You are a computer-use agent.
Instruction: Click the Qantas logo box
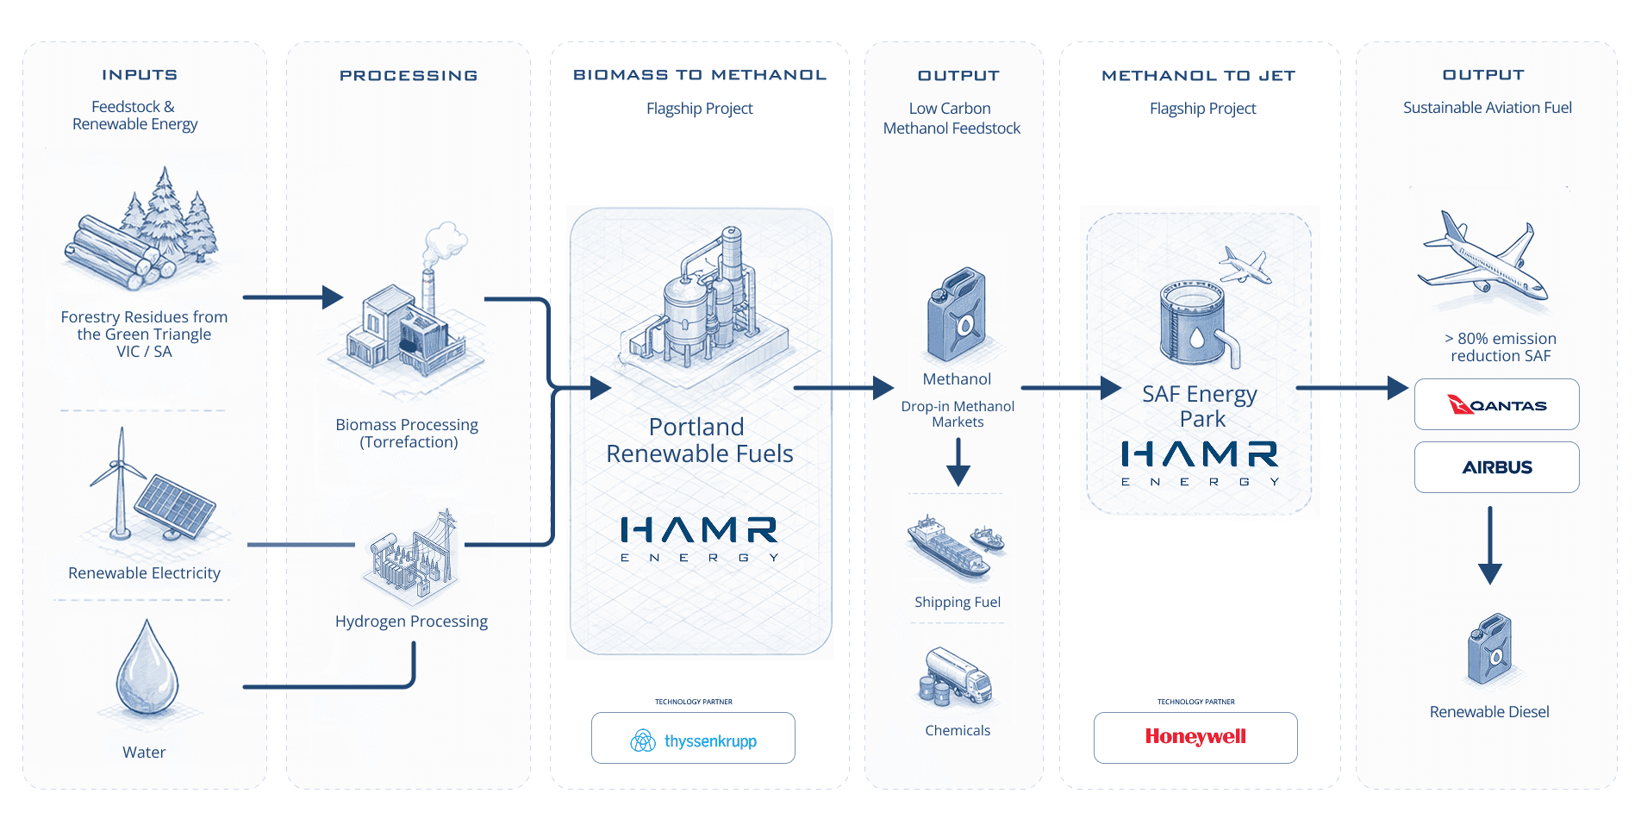[x=1496, y=404]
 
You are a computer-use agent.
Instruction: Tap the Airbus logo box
[x=1496, y=467]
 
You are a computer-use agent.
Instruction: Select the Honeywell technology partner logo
[x=1195, y=737]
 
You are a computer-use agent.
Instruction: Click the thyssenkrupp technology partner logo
[x=693, y=740]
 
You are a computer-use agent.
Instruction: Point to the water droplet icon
[x=147, y=669]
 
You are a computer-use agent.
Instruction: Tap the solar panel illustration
[x=176, y=507]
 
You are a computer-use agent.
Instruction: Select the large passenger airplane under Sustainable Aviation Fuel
[x=1482, y=259]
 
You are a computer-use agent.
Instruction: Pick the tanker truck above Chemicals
[x=957, y=676]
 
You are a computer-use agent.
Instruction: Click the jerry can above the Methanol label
[x=957, y=315]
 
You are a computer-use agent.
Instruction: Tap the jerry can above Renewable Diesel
[x=1489, y=649]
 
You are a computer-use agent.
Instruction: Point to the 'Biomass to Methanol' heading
[x=700, y=75]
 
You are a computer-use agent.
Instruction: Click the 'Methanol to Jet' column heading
[x=1198, y=76]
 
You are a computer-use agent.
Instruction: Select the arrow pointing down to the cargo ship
[x=958, y=462]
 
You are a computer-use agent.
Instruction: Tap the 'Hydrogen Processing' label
[x=411, y=622]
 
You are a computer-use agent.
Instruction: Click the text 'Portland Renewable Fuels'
[x=699, y=440]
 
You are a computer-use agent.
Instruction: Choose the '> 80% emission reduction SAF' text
[x=1501, y=347]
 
